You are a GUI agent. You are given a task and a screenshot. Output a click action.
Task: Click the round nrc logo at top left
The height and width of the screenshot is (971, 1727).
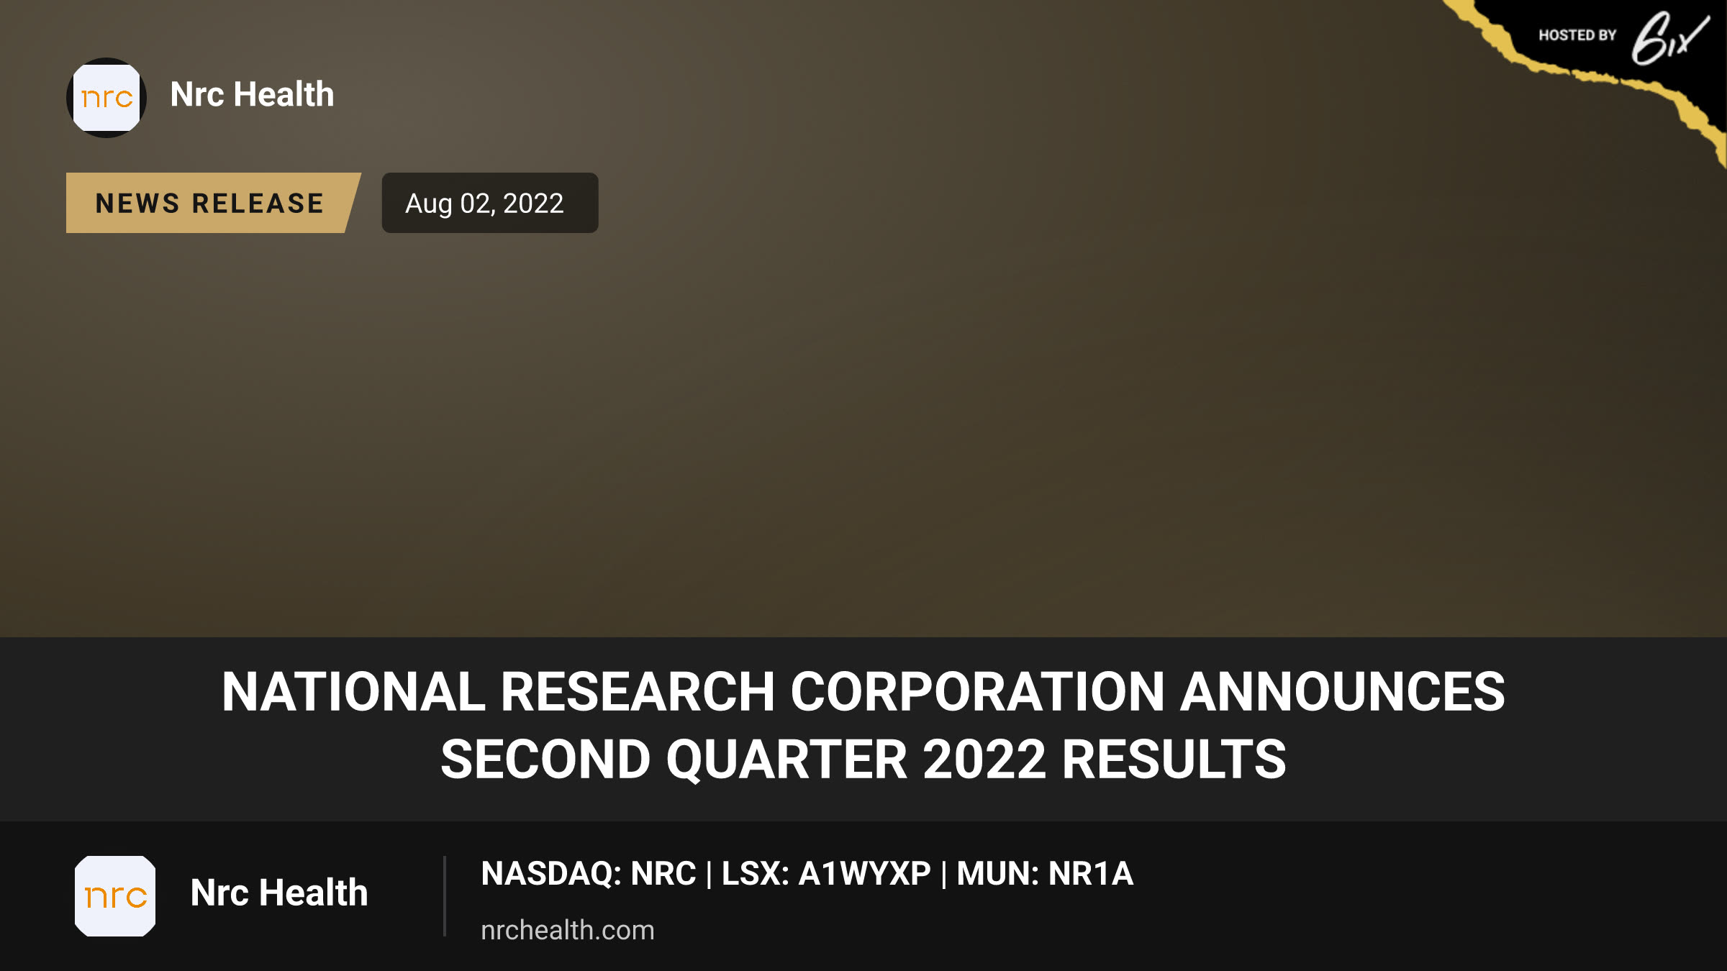(106, 98)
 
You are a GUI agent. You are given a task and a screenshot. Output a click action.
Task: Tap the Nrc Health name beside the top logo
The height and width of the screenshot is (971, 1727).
(253, 94)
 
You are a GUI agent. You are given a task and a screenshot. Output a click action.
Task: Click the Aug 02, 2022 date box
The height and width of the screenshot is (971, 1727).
(490, 203)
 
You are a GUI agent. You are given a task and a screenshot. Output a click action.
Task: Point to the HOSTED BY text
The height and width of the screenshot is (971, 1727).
(1577, 35)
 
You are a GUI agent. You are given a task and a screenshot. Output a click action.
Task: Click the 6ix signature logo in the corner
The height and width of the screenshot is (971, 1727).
(1669, 38)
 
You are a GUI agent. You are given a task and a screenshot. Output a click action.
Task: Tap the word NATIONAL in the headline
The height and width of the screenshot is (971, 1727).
(353, 692)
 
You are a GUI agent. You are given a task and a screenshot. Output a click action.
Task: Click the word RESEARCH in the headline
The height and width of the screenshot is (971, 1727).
(638, 692)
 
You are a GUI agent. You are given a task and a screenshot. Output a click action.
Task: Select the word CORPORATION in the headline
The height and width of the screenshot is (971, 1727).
(977, 692)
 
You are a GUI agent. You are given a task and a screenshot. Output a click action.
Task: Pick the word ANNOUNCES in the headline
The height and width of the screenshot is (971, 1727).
(1343, 692)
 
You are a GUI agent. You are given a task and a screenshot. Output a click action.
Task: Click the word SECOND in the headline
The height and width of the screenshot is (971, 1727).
(545, 760)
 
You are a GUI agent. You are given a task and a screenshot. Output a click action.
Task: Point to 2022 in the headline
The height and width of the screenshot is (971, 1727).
(984, 760)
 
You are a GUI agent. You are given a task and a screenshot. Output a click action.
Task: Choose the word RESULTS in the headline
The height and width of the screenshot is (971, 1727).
(1174, 760)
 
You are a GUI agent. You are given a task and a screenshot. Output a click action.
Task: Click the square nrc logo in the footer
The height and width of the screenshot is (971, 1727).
(115, 896)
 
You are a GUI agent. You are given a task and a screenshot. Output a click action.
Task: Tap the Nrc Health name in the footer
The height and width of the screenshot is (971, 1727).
(279, 893)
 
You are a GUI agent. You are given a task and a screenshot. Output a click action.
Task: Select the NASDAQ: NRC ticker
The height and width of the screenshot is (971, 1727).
(589, 874)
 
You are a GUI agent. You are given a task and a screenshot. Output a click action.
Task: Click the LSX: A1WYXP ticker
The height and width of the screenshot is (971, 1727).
(826, 874)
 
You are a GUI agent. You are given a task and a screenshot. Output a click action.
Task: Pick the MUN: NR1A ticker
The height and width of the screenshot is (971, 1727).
(1045, 874)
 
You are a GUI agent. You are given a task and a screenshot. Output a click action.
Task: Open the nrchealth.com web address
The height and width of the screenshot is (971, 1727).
(568, 930)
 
